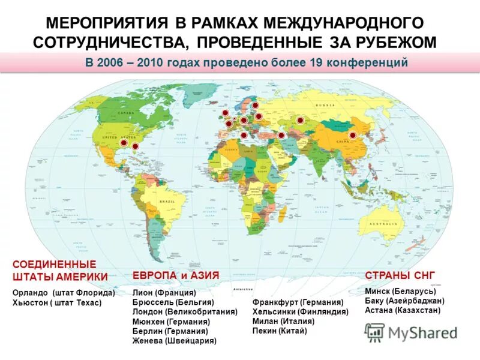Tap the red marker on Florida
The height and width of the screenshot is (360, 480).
(135, 146)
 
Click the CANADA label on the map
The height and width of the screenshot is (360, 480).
(127, 113)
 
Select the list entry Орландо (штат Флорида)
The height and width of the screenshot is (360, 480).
(64, 293)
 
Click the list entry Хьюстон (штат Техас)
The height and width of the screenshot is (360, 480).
(57, 303)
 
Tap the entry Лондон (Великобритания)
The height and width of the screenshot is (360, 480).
(185, 312)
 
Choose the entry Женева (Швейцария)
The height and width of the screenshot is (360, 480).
(174, 341)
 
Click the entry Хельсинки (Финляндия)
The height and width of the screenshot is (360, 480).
(301, 312)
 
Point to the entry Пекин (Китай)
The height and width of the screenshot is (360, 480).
(280, 331)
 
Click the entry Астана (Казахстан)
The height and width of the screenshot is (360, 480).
(403, 311)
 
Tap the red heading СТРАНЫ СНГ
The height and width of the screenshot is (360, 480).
(400, 275)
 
